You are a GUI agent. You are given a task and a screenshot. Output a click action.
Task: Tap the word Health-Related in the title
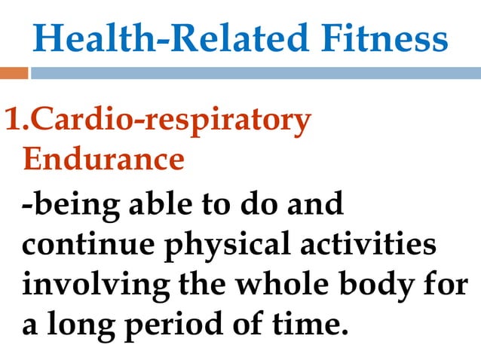click(x=158, y=38)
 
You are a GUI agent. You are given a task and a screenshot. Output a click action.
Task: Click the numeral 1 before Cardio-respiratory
click(x=13, y=121)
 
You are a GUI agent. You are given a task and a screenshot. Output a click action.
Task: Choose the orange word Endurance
click(x=103, y=160)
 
